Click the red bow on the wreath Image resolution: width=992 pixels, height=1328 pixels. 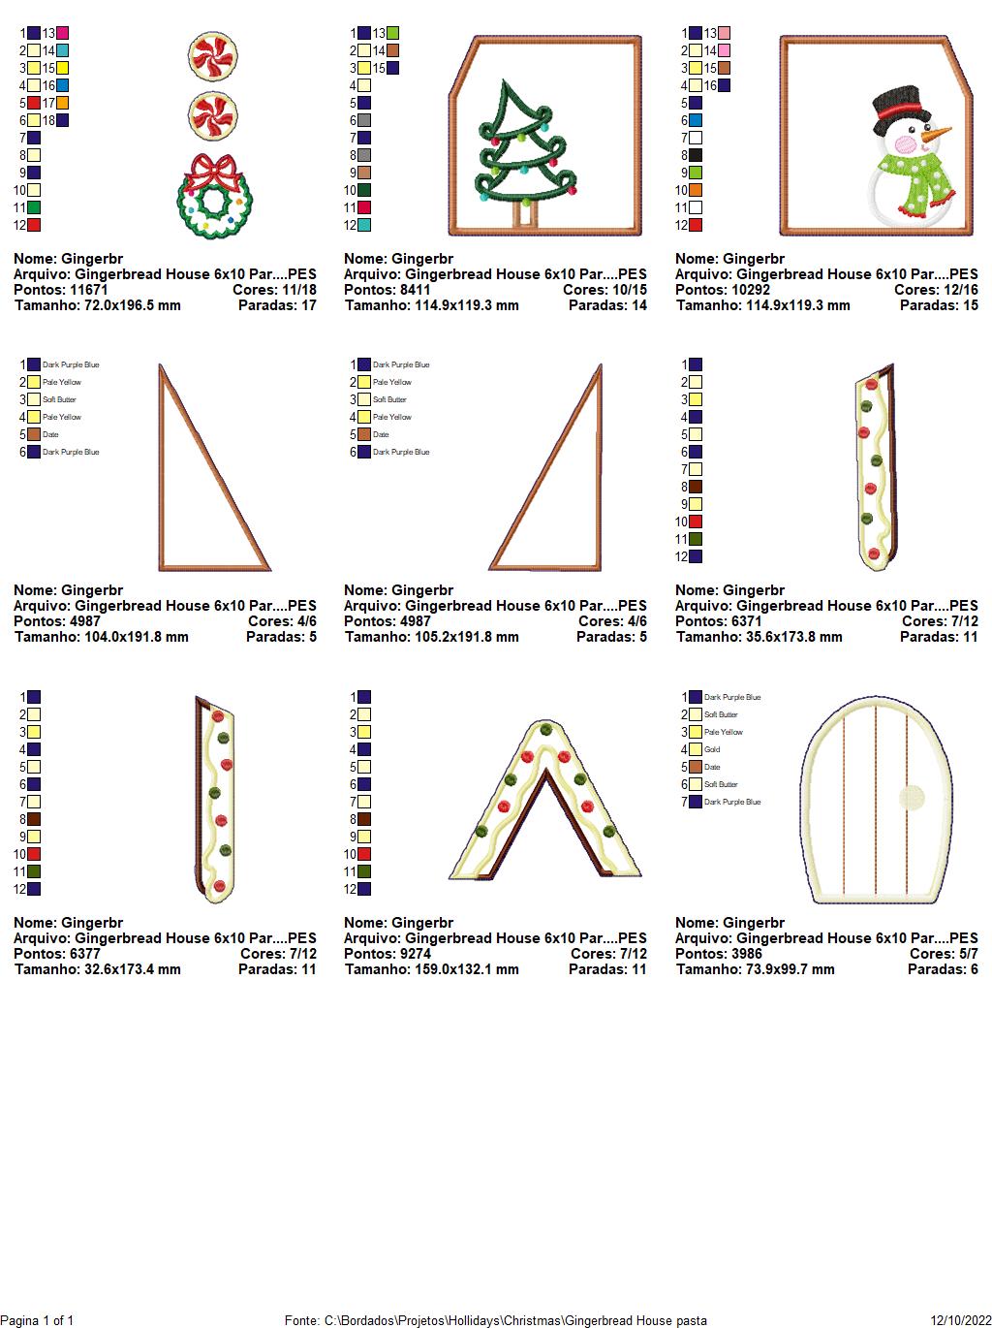pyautogui.click(x=213, y=172)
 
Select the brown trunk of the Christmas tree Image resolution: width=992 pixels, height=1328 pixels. pyautogui.click(x=524, y=215)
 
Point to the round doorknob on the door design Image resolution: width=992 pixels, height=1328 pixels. pyautogui.click(x=912, y=798)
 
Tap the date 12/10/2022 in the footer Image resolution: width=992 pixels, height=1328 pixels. pyautogui.click(x=961, y=1320)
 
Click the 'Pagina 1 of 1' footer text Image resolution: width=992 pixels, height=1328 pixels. pyautogui.click(x=37, y=1320)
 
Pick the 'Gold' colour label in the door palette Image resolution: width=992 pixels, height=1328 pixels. pyautogui.click(x=712, y=749)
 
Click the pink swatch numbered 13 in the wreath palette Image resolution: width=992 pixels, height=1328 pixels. pyautogui.click(x=63, y=33)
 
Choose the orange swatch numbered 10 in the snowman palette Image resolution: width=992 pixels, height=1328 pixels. pyautogui.click(x=695, y=190)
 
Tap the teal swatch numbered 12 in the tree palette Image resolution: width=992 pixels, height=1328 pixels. pyautogui.click(x=364, y=225)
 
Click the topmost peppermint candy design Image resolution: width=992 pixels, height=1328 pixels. pyautogui.click(x=212, y=56)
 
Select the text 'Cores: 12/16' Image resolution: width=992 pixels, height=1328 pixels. pyautogui.click(x=936, y=290)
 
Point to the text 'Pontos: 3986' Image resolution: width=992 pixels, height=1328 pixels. pyautogui.click(x=719, y=954)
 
